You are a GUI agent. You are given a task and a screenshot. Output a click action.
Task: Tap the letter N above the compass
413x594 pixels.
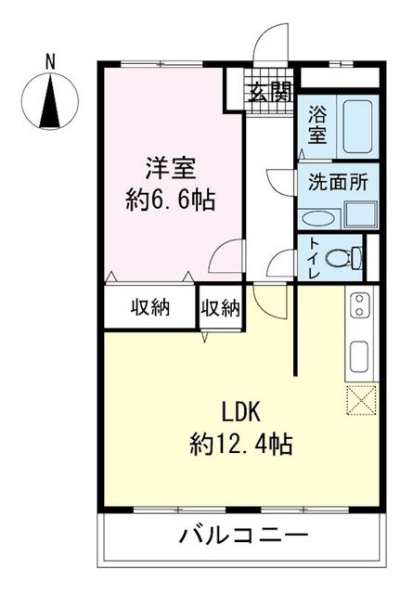[x=51, y=62]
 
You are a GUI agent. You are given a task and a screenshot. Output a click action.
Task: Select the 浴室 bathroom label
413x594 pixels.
[x=317, y=124]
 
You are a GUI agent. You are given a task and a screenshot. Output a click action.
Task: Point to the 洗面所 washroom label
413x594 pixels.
[x=337, y=181]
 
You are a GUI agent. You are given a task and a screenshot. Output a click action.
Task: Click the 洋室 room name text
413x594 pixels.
[x=170, y=168]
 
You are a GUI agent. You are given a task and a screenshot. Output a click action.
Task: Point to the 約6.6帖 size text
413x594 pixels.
[x=170, y=200]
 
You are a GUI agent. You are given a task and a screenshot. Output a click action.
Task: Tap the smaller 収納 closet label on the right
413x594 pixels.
[x=221, y=307]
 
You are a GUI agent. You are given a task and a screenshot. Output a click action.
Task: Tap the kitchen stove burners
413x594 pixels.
[x=358, y=306]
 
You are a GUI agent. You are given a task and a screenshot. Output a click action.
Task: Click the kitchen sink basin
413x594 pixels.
[x=358, y=355]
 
